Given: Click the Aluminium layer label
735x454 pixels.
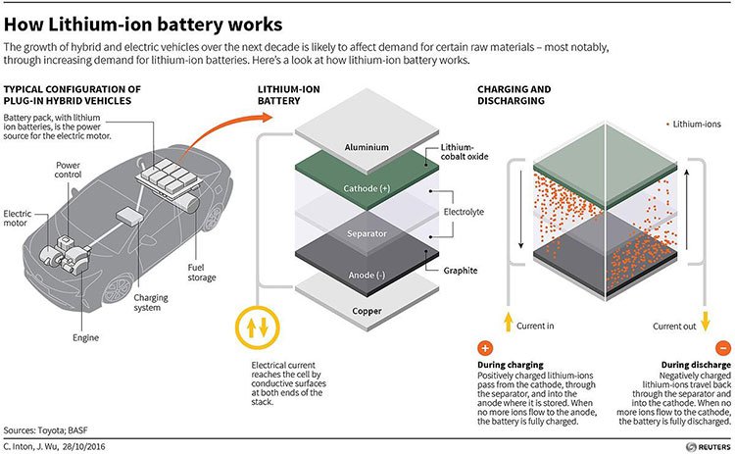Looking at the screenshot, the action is coord(367,147).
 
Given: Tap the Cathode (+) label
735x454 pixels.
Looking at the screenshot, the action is coord(367,188).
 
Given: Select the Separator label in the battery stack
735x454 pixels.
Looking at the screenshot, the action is coord(367,233).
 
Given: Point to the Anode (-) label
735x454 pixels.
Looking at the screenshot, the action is coord(367,276).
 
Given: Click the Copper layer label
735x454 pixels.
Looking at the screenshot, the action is coord(367,311).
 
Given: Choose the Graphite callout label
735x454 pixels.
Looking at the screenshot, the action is coord(461,271).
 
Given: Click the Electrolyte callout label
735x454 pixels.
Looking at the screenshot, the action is coord(464,212).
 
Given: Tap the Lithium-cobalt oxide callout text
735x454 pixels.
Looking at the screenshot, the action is coord(465,152).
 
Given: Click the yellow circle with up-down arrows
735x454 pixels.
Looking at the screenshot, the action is coord(258,328).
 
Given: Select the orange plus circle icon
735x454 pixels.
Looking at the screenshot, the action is coord(485,348).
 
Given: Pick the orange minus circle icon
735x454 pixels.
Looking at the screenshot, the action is coord(723,348).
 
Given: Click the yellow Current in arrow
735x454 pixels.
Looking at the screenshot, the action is coord(508,323).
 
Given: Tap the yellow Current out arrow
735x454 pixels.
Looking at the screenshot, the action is coord(706,322).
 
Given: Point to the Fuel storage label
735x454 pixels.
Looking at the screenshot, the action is coord(202,273).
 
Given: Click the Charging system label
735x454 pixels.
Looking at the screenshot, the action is coord(151,303).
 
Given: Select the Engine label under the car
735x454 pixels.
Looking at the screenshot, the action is coord(86,338).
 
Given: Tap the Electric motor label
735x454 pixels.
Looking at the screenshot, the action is coord(18,218).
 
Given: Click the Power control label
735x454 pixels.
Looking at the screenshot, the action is coord(68,170).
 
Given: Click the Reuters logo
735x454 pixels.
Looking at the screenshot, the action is coord(708,447).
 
